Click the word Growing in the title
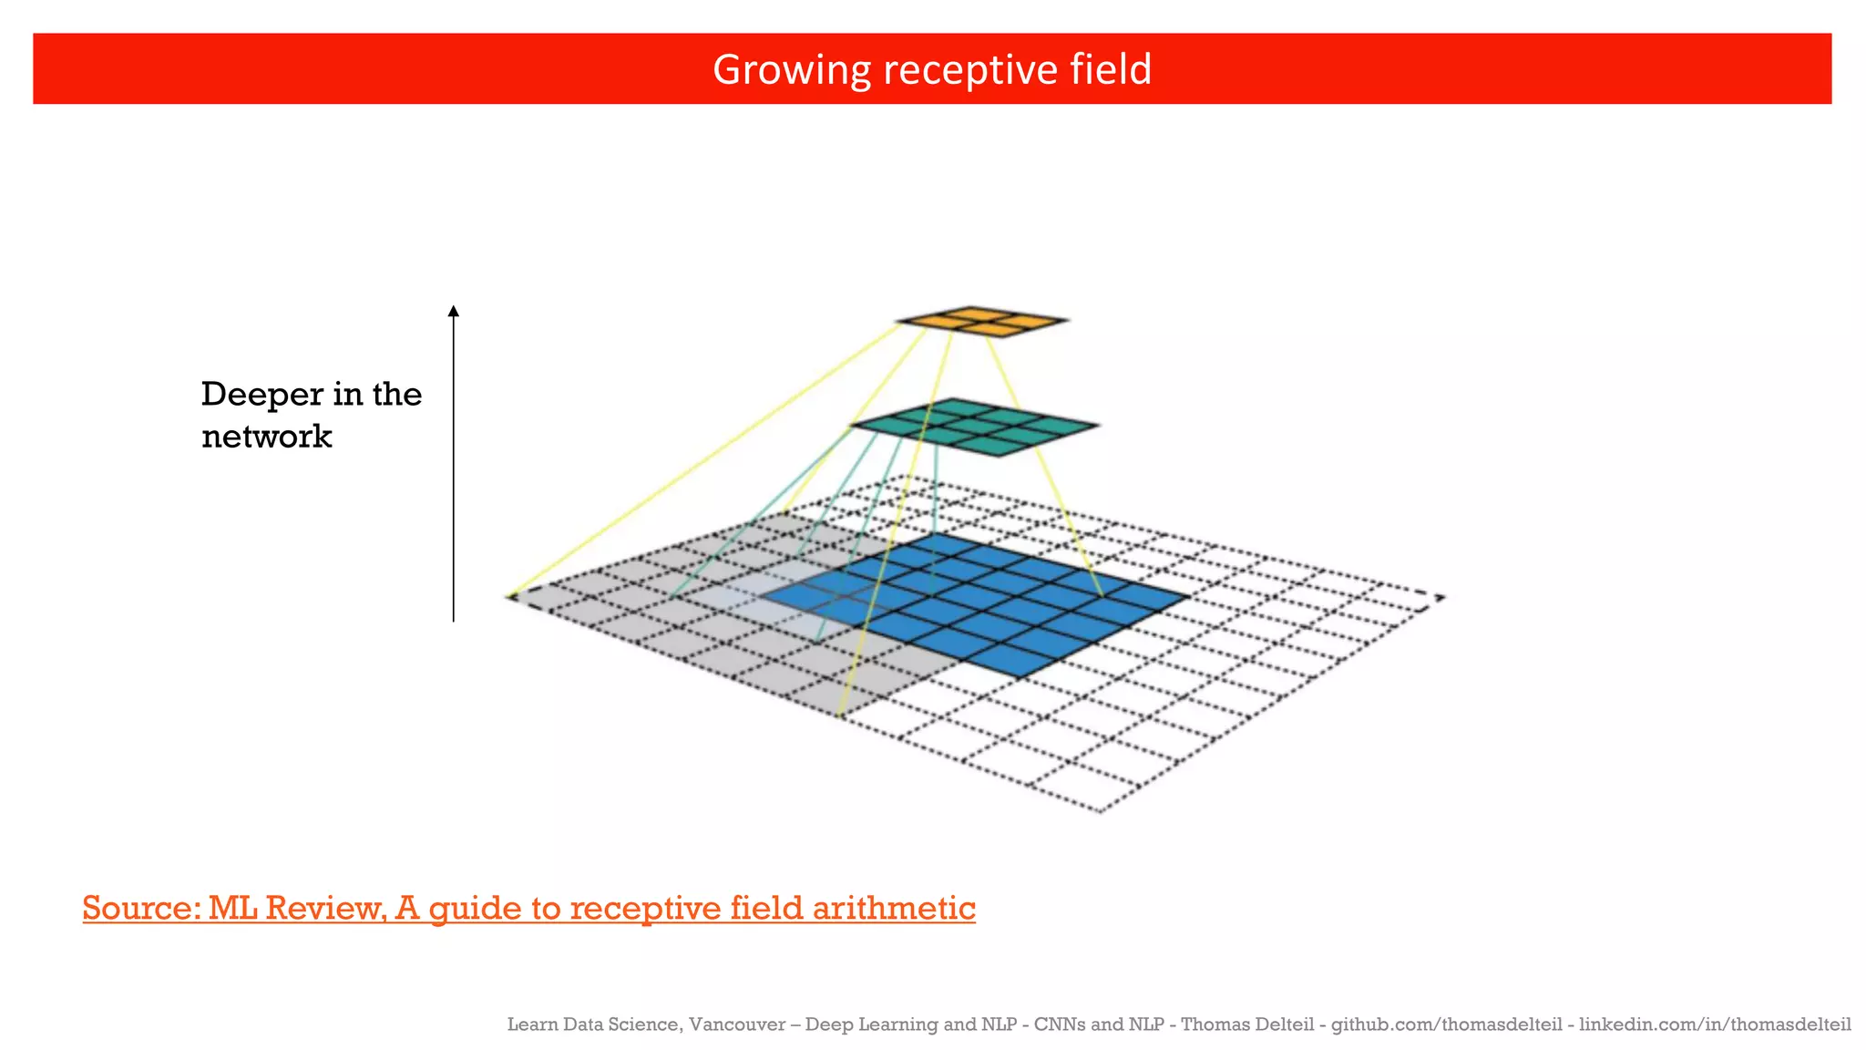(791, 70)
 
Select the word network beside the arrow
(266, 437)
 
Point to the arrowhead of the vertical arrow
(454, 312)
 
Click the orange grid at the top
(981, 321)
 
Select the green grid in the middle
(975, 426)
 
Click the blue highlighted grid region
(984, 602)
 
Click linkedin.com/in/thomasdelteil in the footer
(1715, 1024)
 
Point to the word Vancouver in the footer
(736, 1024)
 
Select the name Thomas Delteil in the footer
(1247, 1024)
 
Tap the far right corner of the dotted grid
(1441, 598)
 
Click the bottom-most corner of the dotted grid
(1101, 810)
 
